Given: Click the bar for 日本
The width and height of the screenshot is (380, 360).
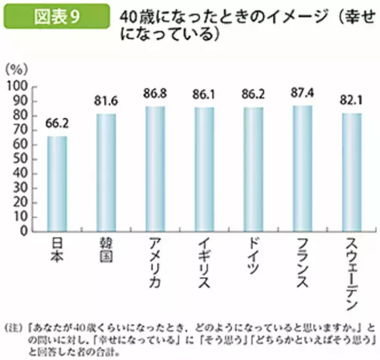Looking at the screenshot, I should [x=57, y=183].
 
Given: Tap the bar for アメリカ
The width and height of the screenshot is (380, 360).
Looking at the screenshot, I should [x=155, y=168].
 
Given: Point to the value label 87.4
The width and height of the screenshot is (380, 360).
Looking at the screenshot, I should [x=303, y=94].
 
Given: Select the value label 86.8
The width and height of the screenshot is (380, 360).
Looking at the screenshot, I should [x=155, y=94].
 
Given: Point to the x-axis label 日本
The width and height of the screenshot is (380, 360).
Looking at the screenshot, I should [x=57, y=251].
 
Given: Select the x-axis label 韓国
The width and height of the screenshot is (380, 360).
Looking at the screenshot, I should [x=106, y=251].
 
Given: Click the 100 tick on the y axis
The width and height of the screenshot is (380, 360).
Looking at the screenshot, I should [x=17, y=85].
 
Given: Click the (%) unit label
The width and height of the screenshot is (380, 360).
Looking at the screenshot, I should [x=15, y=68].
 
